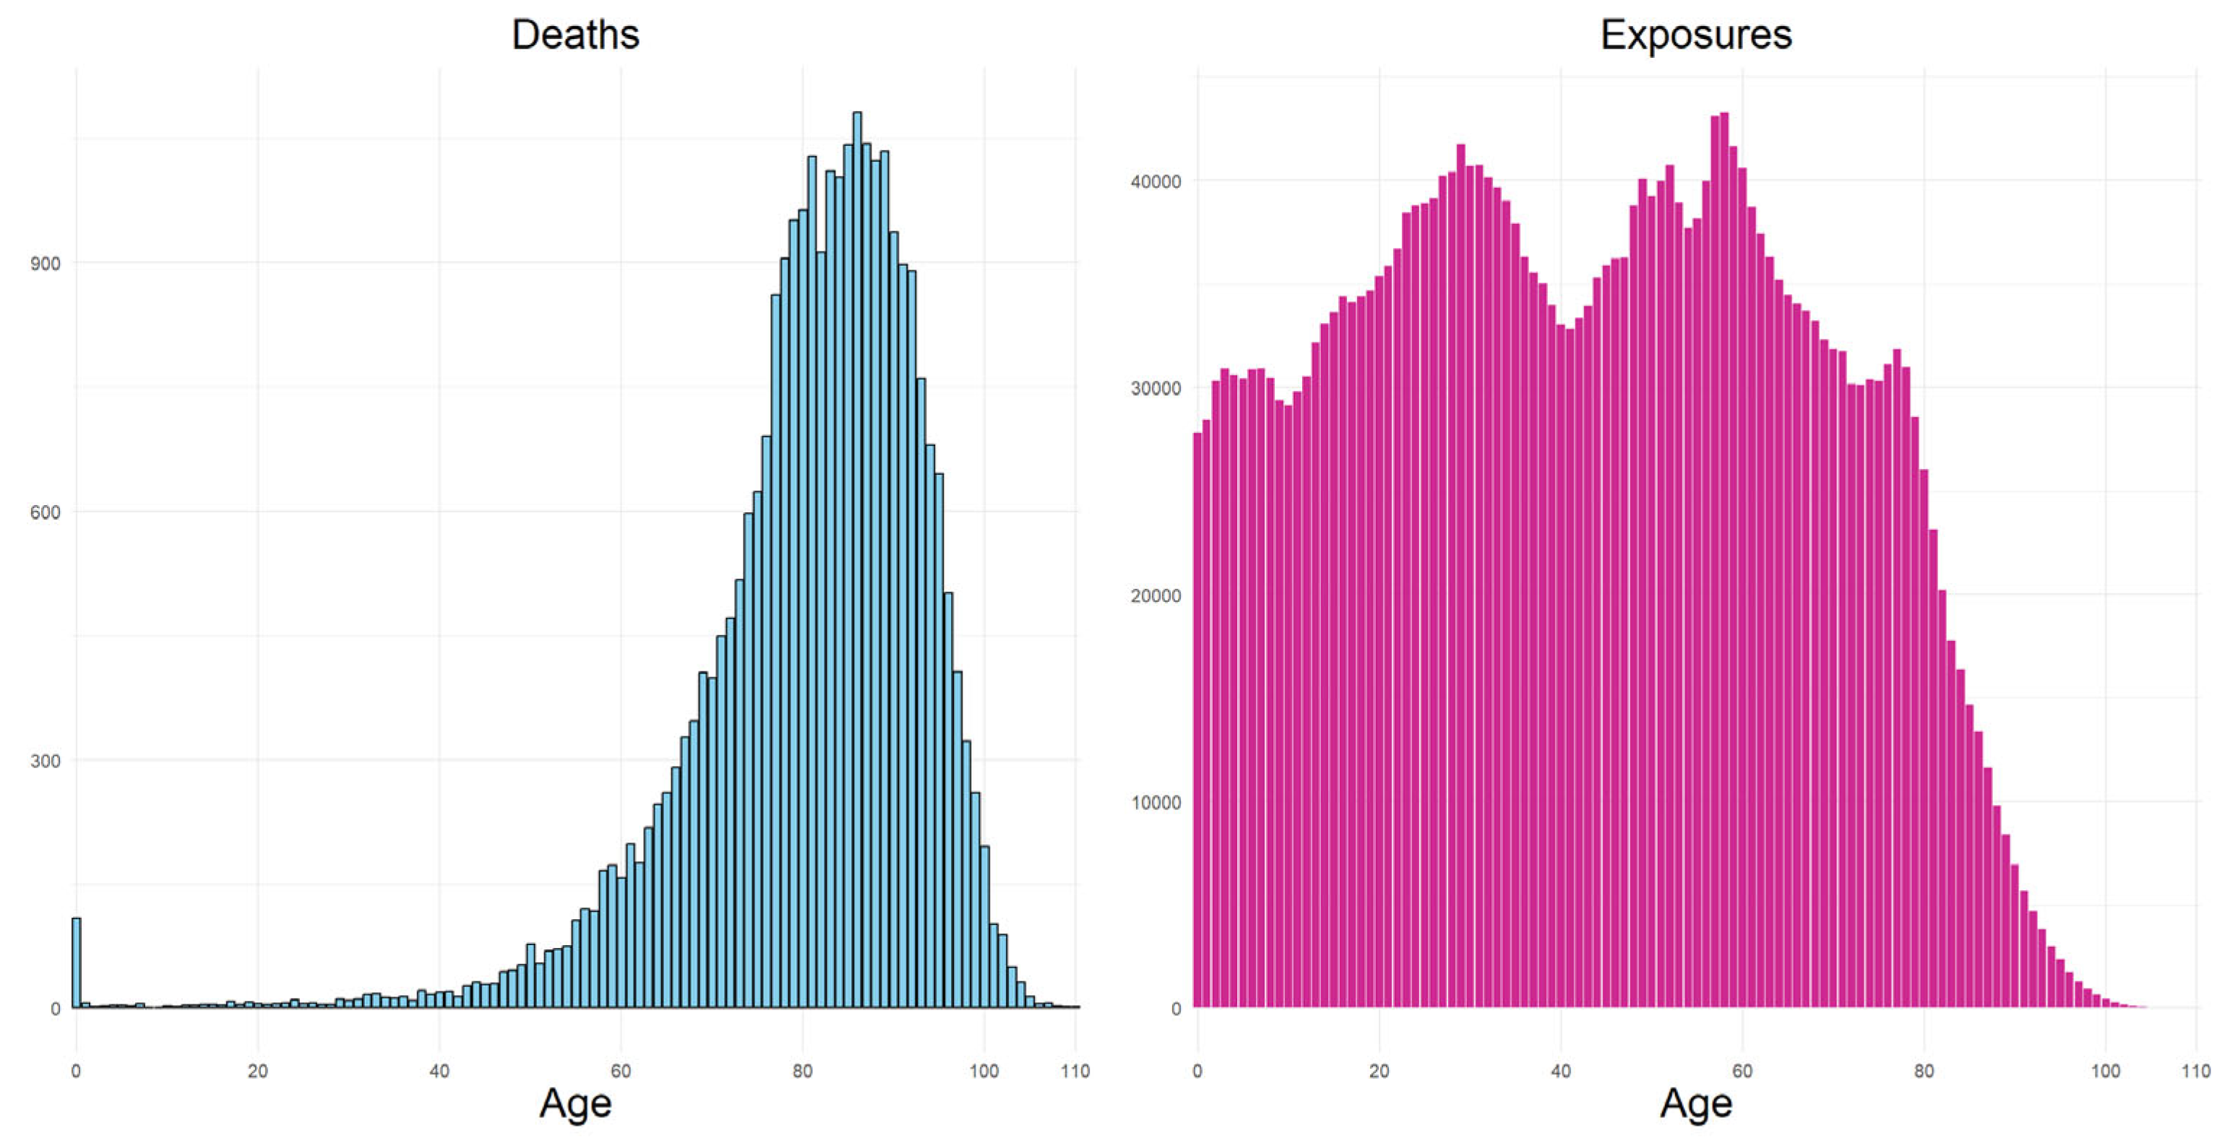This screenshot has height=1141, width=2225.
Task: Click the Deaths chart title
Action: point(575,35)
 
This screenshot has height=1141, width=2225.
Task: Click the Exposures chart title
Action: point(1695,35)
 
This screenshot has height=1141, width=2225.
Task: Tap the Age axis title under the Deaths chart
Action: point(575,1103)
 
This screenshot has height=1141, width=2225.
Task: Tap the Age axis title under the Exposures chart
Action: point(1695,1103)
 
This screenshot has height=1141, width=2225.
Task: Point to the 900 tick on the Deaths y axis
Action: point(45,264)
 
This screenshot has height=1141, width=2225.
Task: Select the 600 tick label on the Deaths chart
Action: point(45,512)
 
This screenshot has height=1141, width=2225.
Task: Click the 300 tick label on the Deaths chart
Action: point(45,761)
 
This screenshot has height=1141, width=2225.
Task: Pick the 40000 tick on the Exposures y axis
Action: point(1155,181)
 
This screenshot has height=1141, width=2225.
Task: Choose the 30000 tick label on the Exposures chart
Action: point(1155,389)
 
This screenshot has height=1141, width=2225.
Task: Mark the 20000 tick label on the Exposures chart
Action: point(1155,596)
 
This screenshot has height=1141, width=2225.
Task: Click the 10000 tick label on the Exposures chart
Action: point(1155,802)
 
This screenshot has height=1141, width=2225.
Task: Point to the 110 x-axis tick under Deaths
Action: point(1075,1071)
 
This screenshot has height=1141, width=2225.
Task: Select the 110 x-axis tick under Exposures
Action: point(2195,1071)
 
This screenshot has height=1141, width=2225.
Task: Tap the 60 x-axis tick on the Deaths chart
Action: point(620,1071)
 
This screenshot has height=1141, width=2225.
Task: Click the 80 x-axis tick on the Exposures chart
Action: point(1924,1071)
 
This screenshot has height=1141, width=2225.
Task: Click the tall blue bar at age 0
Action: point(76,963)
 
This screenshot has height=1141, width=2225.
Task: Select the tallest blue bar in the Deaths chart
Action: point(857,561)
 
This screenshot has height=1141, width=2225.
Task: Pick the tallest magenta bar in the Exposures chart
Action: point(1724,561)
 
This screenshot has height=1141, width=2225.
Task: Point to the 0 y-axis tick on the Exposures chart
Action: point(1176,1009)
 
